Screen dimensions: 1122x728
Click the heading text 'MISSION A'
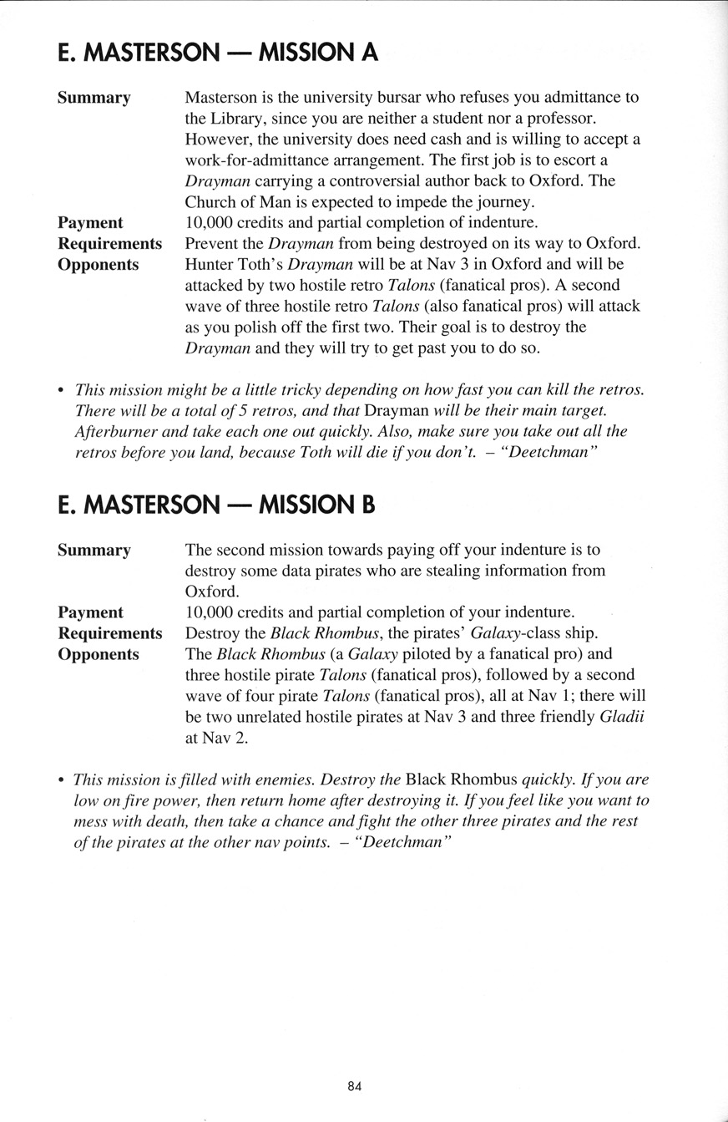pyautogui.click(x=319, y=53)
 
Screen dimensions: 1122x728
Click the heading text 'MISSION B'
pyautogui.click(x=318, y=505)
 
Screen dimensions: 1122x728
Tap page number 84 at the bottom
pyautogui.click(x=355, y=1086)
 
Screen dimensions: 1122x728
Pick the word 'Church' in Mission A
pyautogui.click(x=210, y=201)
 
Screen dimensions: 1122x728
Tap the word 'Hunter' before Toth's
pyautogui.click(x=209, y=264)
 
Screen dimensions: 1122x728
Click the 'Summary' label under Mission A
pyautogui.click(x=94, y=99)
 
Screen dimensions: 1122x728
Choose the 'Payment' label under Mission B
pyautogui.click(x=90, y=612)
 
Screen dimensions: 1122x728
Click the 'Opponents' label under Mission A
pyautogui.click(x=98, y=264)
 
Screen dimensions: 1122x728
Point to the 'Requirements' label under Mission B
pyautogui.click(x=109, y=633)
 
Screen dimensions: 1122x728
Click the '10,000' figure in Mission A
pyautogui.click(x=212, y=223)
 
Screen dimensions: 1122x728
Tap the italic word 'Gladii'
pyautogui.click(x=622, y=717)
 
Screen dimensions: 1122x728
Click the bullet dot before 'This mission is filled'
pyautogui.click(x=61, y=780)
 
